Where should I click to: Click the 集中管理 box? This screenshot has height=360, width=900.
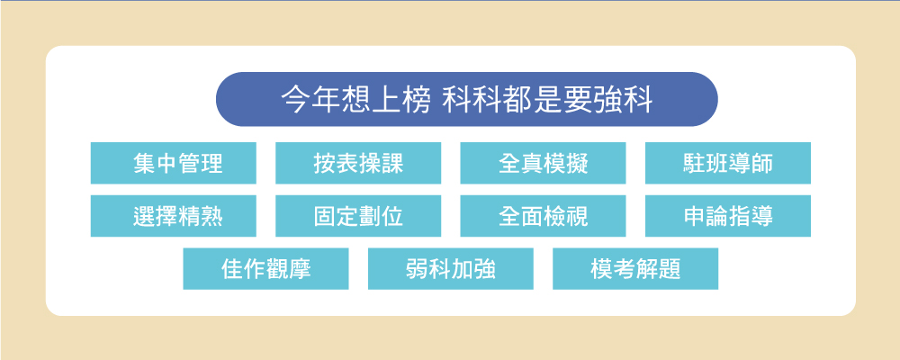[x=174, y=163]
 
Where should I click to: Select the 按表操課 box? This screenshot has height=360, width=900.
[x=358, y=163]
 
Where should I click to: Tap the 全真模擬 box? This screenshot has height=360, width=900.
[x=543, y=163]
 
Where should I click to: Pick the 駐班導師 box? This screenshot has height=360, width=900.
[x=728, y=163]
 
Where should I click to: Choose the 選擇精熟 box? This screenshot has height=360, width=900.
[x=174, y=216]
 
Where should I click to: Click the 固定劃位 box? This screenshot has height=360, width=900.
[x=358, y=216]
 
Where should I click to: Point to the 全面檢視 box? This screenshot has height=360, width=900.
[x=543, y=216]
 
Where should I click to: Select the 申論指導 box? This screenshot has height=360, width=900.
[x=728, y=216]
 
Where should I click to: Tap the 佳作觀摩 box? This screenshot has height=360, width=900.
[x=265, y=269]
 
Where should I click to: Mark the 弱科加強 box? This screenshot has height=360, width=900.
[x=451, y=269]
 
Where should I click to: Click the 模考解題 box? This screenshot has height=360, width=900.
[x=635, y=269]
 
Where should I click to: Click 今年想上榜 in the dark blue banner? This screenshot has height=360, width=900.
[x=355, y=100]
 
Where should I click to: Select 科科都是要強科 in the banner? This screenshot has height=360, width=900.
[x=548, y=100]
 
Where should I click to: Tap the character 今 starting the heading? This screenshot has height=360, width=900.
[x=295, y=100]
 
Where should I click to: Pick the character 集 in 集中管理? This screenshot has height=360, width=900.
[x=144, y=164]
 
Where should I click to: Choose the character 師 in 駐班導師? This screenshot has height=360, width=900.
[x=761, y=164]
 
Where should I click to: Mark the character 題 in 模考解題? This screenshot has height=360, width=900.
[x=670, y=269]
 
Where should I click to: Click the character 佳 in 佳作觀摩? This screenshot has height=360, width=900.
[x=232, y=269]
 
